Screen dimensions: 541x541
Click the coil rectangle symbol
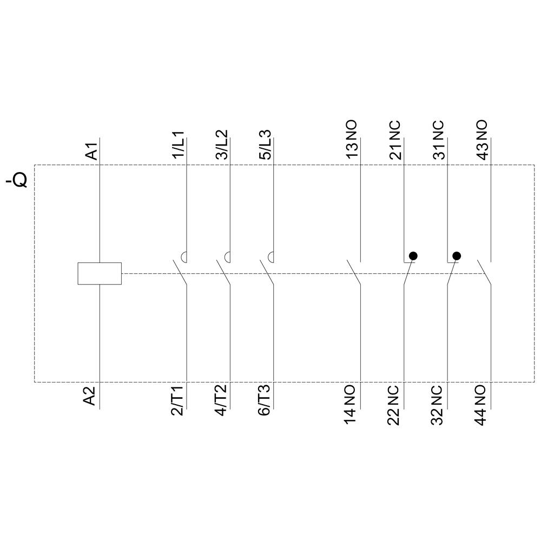pos(100,273)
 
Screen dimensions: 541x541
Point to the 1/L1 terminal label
pos(179,144)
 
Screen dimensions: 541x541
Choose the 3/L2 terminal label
pos(222,144)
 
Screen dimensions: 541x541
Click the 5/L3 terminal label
pos(265,144)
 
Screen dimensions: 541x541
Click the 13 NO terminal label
pos(352,140)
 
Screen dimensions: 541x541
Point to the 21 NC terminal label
pos(395,140)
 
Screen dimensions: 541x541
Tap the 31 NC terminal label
pos(438,140)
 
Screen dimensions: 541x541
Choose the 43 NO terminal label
pos(481,140)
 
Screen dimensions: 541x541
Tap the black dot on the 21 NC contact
pos(413,255)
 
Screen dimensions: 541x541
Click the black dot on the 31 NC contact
pos(457,255)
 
